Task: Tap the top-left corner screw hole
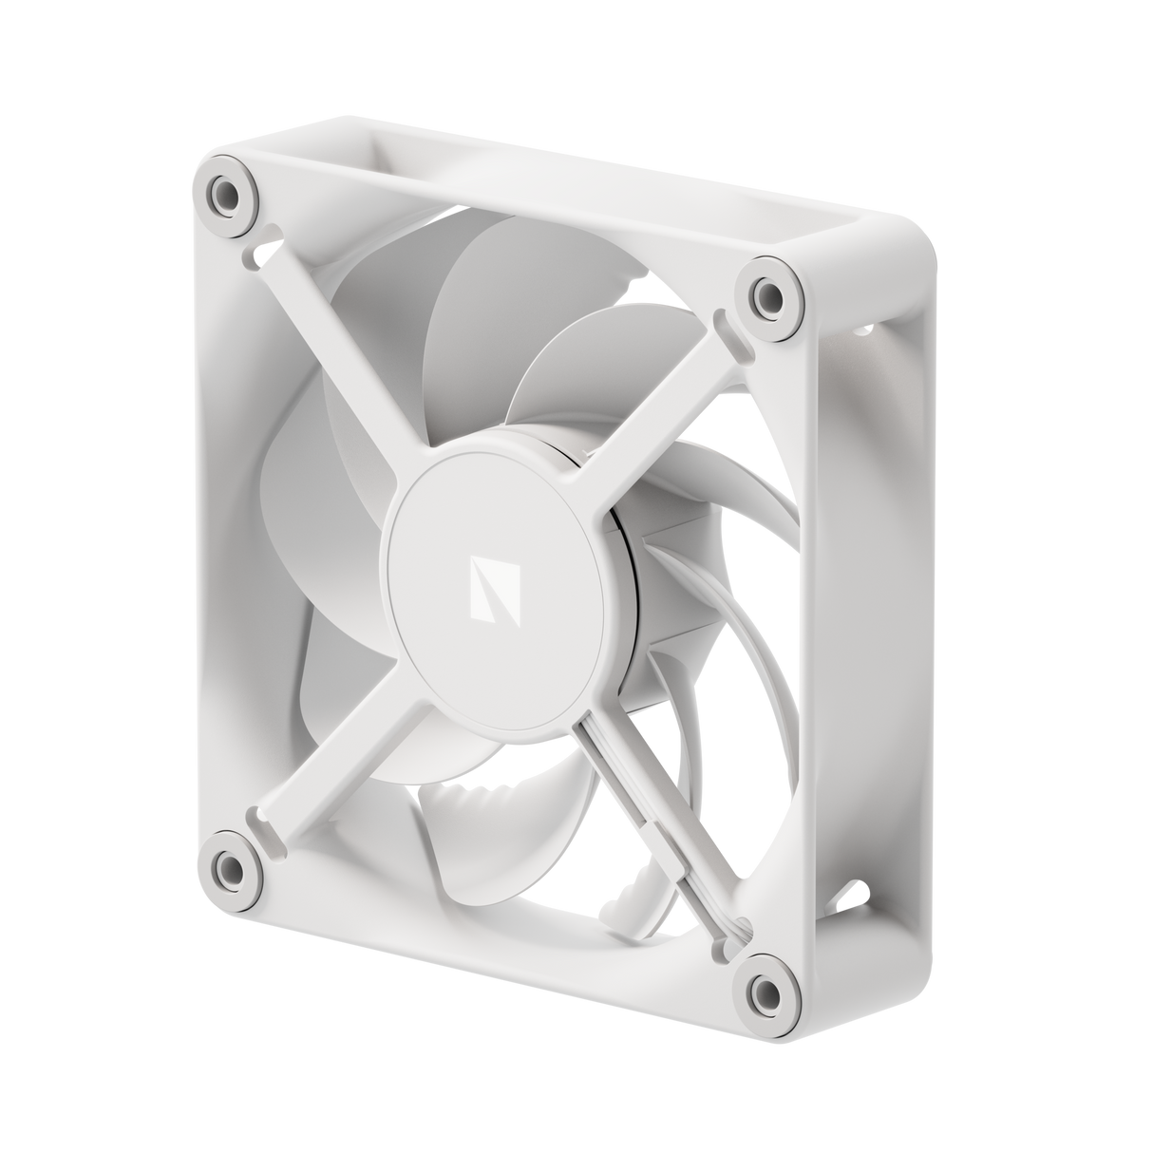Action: click(x=227, y=196)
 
